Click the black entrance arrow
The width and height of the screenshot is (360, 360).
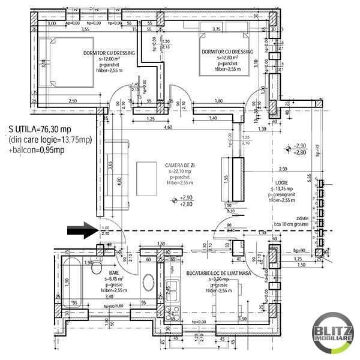coord(82,228)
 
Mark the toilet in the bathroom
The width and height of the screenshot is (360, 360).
coord(95,269)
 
